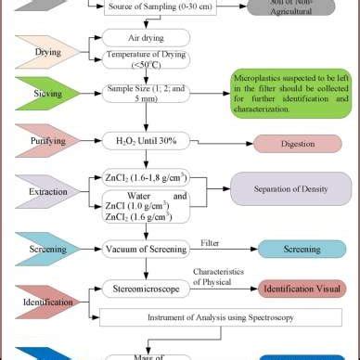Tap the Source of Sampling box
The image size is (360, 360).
pos(160,7)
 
